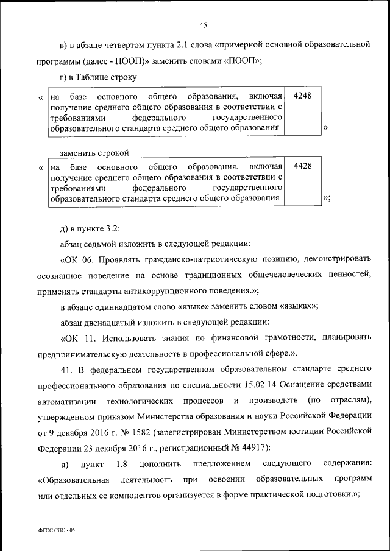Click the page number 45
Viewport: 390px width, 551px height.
click(x=203, y=24)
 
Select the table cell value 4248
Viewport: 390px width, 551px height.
click(x=302, y=97)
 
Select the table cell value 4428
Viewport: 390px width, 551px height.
click(x=302, y=166)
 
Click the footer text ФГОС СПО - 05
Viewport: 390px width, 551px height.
click(x=55, y=530)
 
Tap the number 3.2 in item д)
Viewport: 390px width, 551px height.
click(x=112, y=227)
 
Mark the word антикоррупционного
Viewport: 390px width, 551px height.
click(x=219, y=290)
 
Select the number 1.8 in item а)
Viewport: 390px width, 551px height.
click(x=121, y=465)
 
